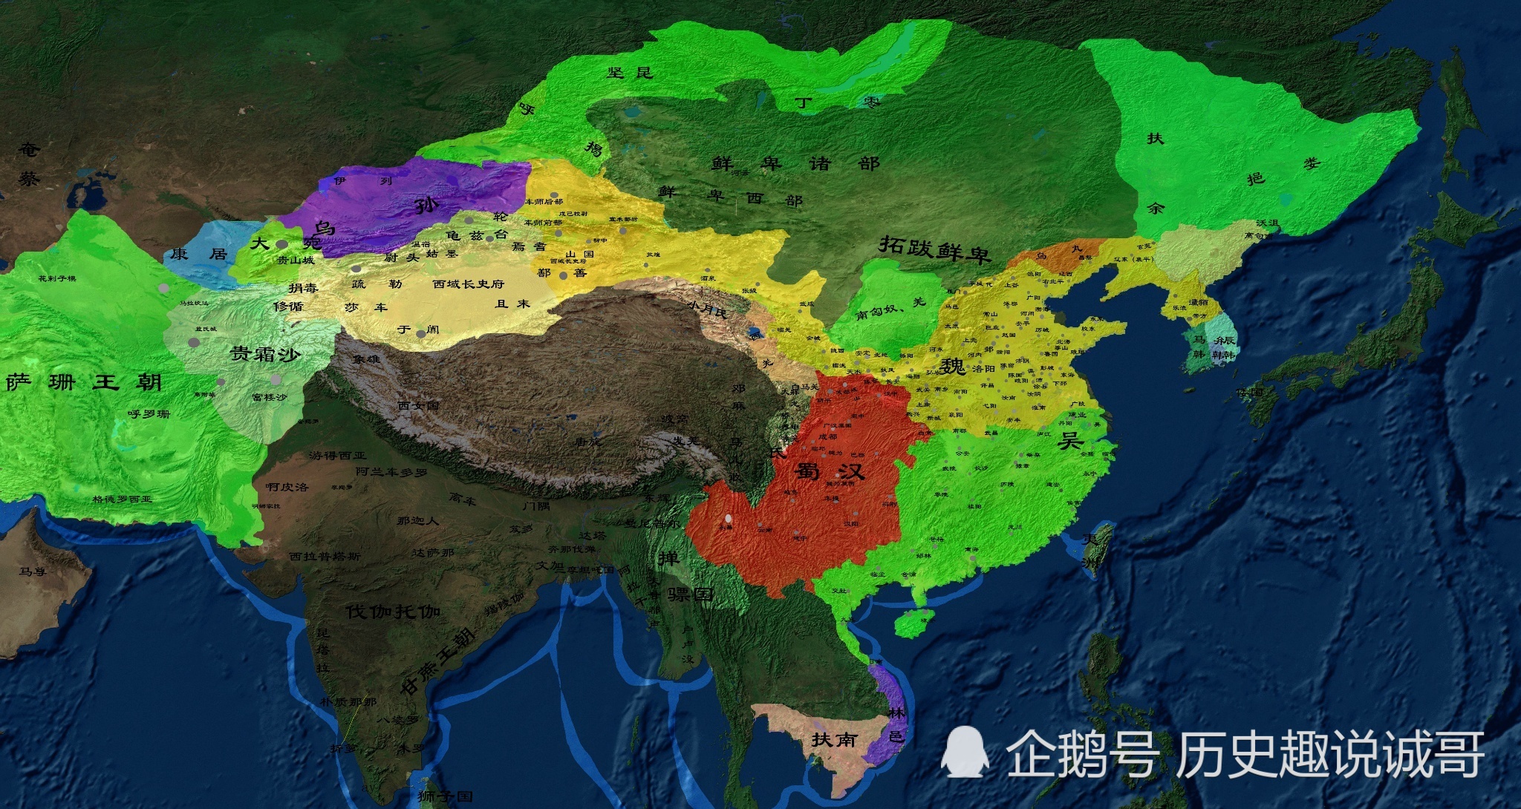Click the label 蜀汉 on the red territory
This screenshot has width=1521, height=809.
coord(830,471)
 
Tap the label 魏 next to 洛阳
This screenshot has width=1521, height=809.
coord(951,366)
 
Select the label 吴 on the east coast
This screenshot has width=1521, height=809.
coord(1069,440)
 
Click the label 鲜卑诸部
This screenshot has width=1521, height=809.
coord(795,163)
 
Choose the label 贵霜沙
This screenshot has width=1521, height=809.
coord(265,354)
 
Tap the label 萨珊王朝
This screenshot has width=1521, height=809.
coord(84,383)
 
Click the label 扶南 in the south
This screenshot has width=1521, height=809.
coord(834,739)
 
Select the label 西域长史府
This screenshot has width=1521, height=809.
coord(468,284)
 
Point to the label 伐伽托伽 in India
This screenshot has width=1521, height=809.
coord(394,612)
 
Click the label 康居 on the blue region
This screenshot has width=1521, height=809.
coord(198,254)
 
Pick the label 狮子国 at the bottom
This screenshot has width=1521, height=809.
coord(445,796)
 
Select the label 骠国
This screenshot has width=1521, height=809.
coord(690,595)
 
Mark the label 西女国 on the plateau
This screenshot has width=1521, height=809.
coord(418,405)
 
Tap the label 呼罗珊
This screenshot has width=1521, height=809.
coord(149,413)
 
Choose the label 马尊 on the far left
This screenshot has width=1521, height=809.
coord(33,571)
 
